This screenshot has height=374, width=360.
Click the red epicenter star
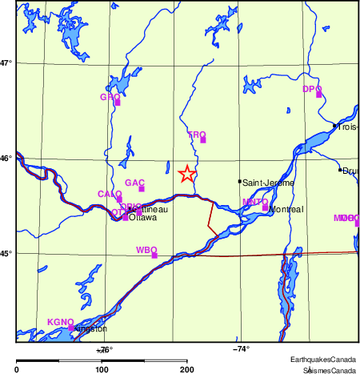[x=186, y=174]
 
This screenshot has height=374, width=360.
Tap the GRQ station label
[x=109, y=97]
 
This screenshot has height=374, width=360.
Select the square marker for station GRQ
[x=118, y=103]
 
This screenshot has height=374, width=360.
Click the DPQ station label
[x=311, y=89]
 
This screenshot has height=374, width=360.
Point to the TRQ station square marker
[x=203, y=140]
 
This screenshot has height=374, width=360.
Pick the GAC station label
[x=134, y=183]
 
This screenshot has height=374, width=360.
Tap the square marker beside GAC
[x=142, y=189]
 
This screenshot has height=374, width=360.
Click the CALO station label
[x=110, y=194]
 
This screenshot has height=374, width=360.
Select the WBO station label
[x=146, y=250]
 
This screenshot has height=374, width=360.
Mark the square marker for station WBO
[x=154, y=255]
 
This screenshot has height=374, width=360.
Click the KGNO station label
[x=61, y=321]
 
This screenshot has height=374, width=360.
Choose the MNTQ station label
[x=255, y=202]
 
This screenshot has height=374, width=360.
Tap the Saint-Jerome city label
[x=268, y=183]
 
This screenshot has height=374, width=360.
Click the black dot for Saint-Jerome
[x=239, y=182]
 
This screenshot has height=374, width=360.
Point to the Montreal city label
[x=286, y=210]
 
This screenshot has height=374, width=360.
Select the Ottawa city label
[x=142, y=217]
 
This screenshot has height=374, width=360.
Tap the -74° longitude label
[x=241, y=348]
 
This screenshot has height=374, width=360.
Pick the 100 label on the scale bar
[x=102, y=369]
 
